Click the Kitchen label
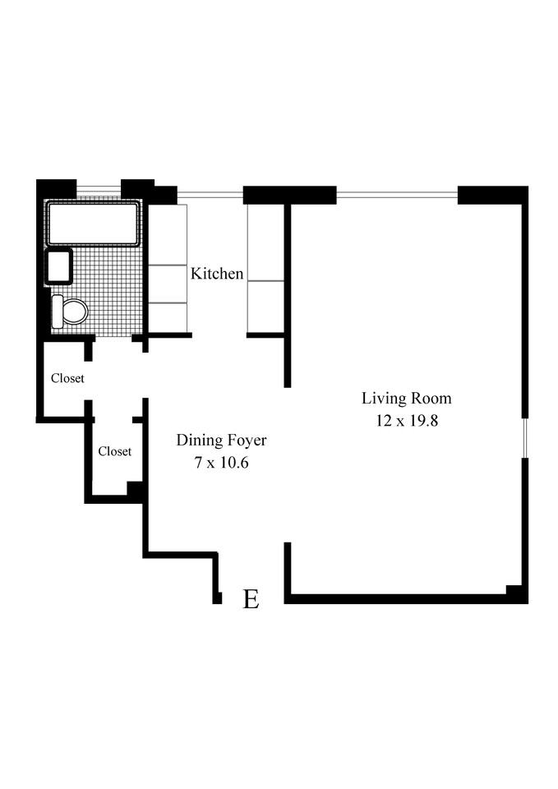217,274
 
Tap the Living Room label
407,399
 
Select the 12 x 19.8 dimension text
407,421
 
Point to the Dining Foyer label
221,441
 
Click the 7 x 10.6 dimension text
221,463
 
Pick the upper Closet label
67,379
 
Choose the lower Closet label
115,451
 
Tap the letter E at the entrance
251,599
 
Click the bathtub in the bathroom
92,223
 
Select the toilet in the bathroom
71,311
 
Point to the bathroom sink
59,267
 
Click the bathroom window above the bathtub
99,187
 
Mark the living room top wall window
397,195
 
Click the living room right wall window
524,434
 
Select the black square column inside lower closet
135,489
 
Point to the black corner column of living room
515,593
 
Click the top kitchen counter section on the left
168,234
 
